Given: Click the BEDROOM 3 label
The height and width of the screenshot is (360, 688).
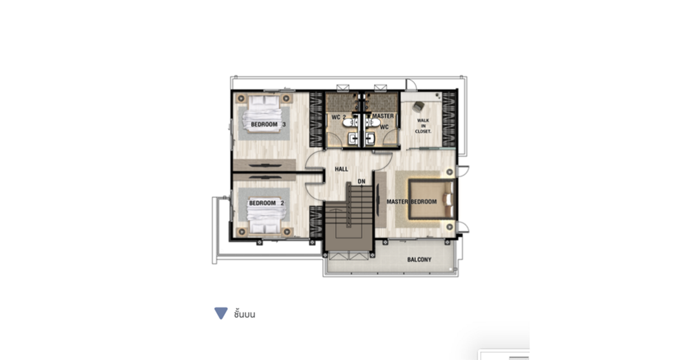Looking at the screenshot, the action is click(268, 124).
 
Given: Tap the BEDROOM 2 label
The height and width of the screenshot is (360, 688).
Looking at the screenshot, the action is click(266, 203).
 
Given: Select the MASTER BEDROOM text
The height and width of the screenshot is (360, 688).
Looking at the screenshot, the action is click(411, 201).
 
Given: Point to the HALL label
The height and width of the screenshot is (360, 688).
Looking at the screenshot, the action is click(341, 169).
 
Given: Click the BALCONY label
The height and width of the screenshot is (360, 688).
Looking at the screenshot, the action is click(419, 260).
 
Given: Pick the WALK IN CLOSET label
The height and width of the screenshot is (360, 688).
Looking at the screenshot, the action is click(423, 126).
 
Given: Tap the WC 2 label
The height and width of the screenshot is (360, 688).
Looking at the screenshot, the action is click(338, 117).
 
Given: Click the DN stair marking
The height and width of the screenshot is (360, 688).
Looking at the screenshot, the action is click(361, 182).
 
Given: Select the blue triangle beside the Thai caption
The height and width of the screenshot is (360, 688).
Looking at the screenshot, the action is click(221, 313).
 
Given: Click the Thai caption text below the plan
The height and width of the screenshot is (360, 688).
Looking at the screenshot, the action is click(244, 314).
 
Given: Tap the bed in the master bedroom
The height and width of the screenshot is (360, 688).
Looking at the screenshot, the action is click(432, 199).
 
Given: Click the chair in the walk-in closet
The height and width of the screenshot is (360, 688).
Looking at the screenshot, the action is click(418, 106).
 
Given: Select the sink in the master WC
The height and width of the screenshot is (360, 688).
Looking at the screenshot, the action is click(370, 138).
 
